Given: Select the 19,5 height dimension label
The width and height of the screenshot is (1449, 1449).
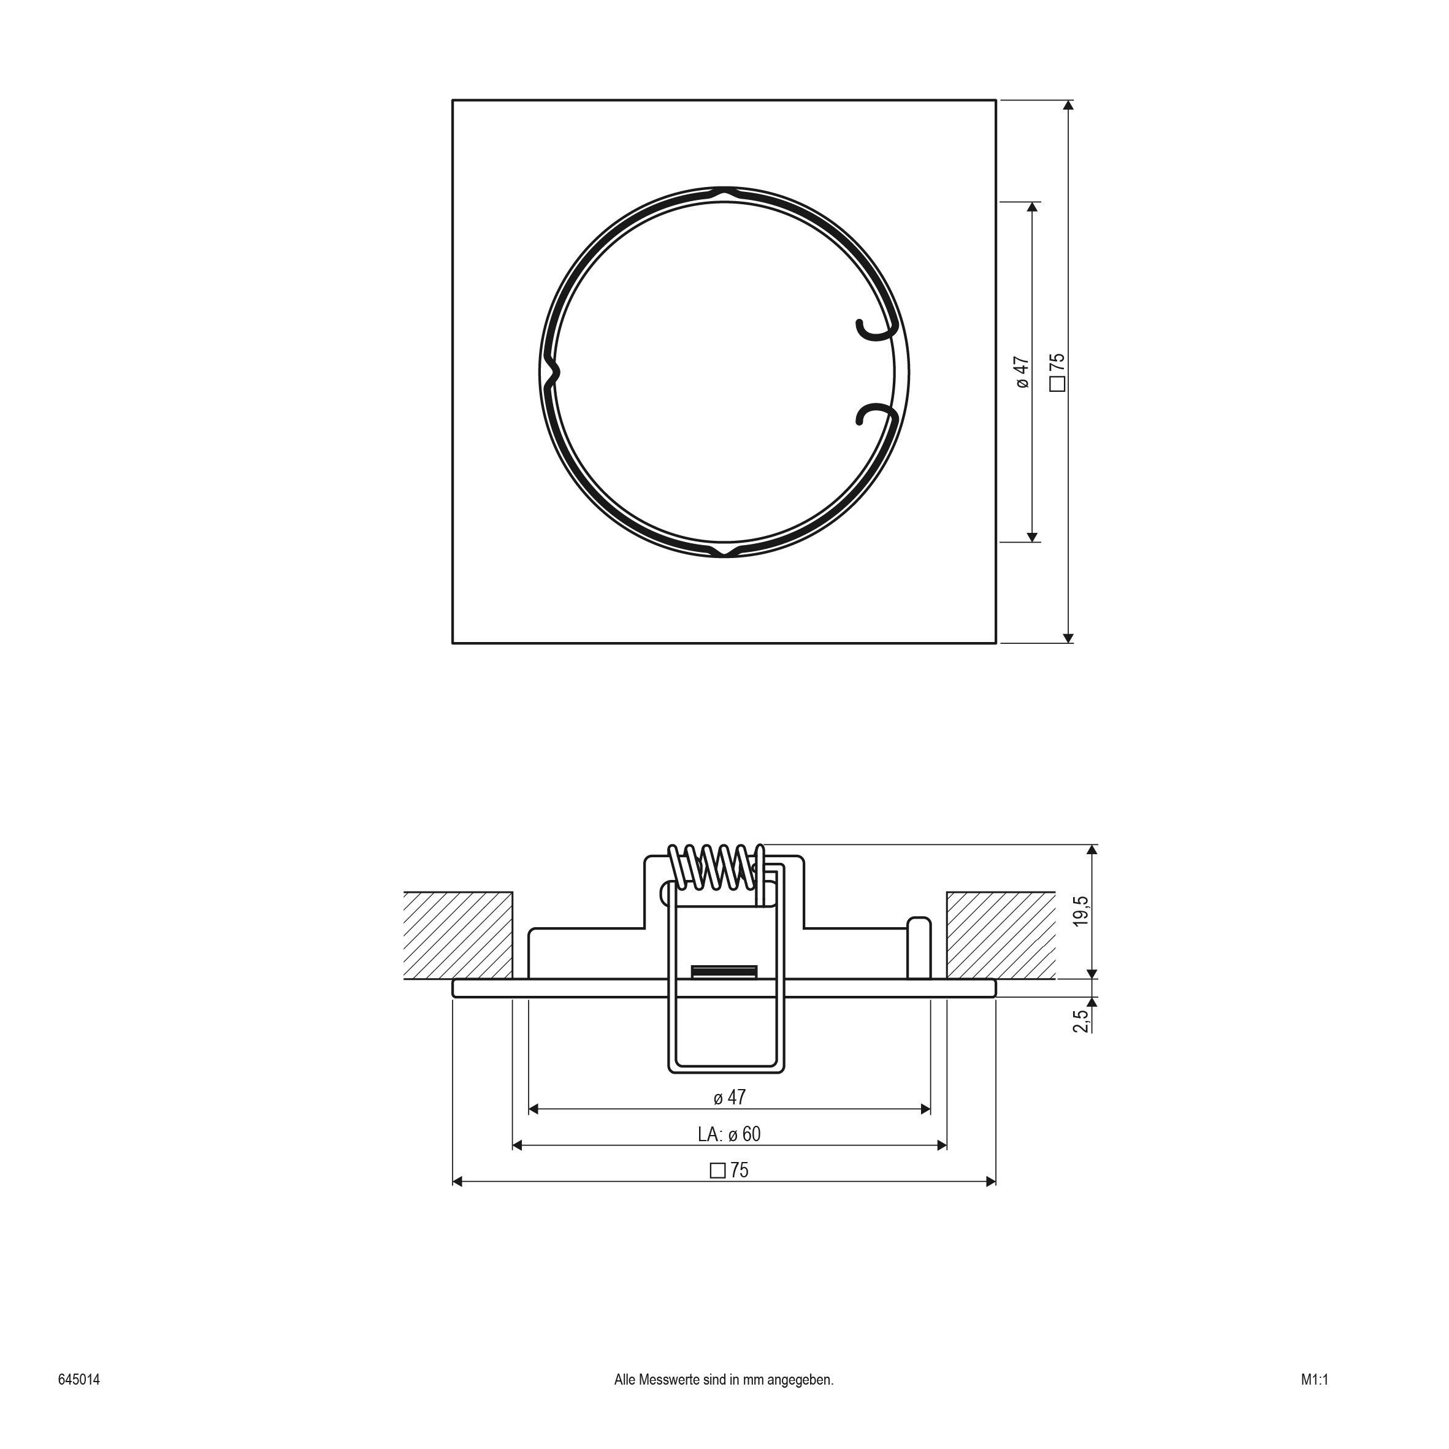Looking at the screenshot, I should (x=1080, y=911).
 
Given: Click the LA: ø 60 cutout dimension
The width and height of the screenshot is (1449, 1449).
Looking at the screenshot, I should (x=729, y=1134).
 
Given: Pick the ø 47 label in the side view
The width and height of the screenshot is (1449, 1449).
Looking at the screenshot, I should (x=729, y=1097).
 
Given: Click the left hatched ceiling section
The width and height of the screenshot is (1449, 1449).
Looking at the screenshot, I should (x=458, y=935).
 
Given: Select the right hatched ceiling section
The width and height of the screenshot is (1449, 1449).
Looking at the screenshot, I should (x=1001, y=935).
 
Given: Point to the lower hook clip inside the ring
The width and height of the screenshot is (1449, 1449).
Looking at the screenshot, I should (x=874, y=414).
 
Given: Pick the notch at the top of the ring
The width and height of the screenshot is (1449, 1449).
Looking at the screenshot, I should (x=724, y=194).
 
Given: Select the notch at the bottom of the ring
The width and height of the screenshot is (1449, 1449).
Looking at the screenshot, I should (x=724, y=551).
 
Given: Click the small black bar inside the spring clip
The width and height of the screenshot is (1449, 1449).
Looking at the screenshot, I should (x=724, y=972).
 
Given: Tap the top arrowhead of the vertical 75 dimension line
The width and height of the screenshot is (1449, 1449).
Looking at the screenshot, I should (x=1069, y=105).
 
